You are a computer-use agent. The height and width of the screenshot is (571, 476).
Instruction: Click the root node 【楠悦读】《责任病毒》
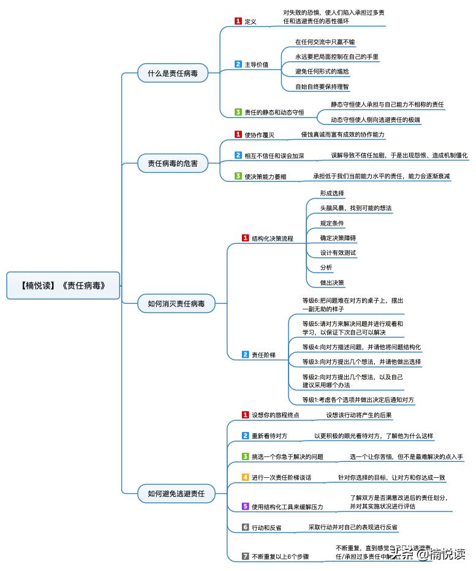(62, 285)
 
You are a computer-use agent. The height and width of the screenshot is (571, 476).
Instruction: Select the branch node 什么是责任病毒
(172, 73)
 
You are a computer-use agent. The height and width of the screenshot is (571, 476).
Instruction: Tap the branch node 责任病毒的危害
(173, 164)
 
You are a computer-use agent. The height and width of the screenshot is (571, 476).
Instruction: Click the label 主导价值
(256, 64)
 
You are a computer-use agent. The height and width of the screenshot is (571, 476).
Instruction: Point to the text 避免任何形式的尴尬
(322, 72)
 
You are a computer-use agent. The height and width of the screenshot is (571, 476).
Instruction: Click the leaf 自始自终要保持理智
(322, 87)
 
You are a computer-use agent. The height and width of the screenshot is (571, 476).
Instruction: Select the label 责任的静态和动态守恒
(274, 113)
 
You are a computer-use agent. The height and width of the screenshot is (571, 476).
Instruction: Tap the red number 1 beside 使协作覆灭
(238, 134)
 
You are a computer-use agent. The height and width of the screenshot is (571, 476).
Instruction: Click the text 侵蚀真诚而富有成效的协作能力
(342, 134)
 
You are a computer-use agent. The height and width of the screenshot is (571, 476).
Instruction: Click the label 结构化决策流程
(272, 238)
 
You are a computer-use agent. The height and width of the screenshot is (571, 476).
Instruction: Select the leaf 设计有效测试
(338, 252)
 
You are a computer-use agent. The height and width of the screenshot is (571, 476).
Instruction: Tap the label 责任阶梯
(262, 355)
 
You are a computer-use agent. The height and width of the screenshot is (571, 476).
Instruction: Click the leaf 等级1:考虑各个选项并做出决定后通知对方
(358, 400)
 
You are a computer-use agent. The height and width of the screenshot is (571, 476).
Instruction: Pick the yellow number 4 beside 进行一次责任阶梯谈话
(245, 477)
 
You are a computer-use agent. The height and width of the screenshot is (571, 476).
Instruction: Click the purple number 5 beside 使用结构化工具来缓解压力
(245, 506)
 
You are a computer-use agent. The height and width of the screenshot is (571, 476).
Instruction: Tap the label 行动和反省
(270, 527)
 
